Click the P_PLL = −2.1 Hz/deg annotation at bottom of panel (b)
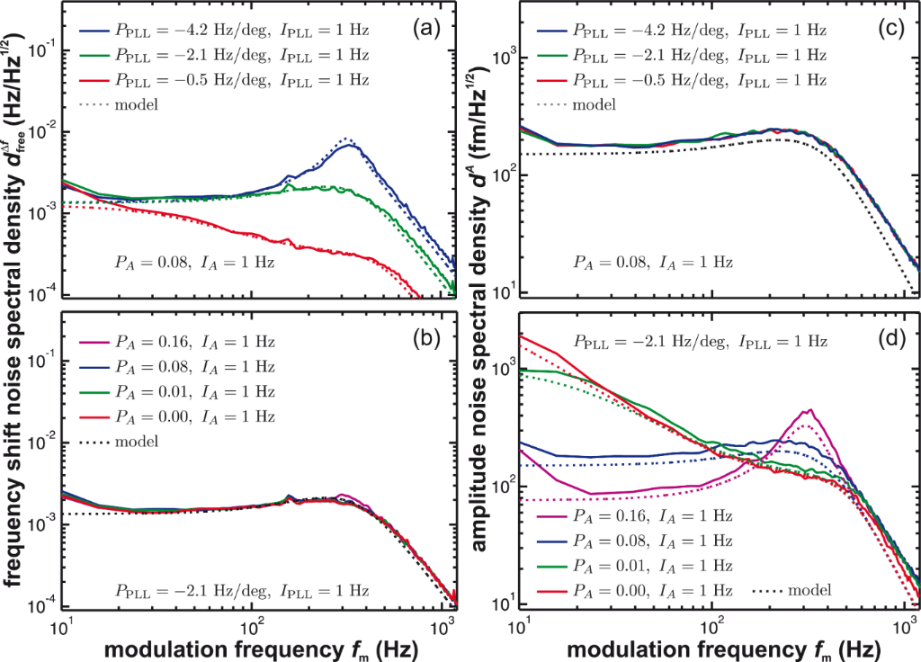242,590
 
